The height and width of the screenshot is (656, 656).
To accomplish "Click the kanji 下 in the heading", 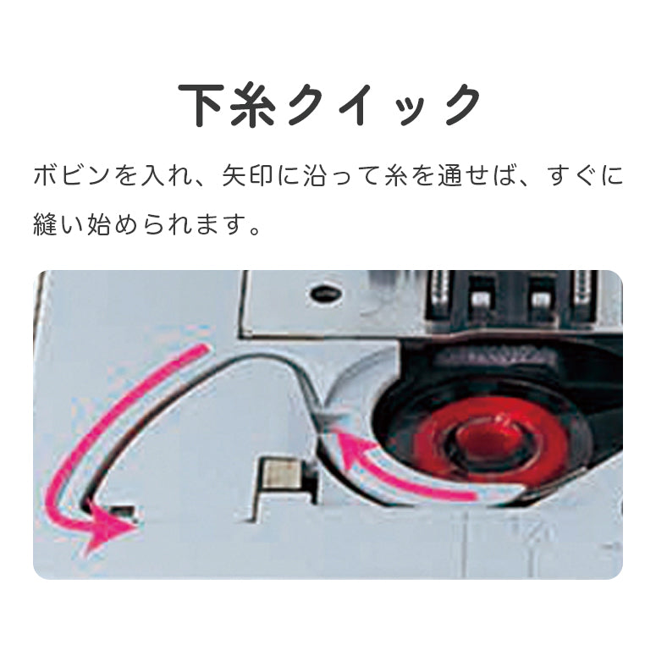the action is [200, 105].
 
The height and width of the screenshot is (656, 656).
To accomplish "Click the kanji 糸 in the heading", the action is [253, 105].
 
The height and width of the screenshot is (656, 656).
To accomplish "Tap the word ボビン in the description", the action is [71, 176].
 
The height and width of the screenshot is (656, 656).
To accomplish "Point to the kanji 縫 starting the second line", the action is [45, 223].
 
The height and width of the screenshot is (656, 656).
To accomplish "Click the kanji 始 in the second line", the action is [99, 223].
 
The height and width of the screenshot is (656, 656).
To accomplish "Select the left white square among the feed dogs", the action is [481, 299].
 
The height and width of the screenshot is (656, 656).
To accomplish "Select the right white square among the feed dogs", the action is [541, 299].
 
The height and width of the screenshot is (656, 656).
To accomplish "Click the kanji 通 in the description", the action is [449, 176].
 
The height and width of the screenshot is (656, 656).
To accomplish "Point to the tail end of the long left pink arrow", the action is [204, 348].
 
